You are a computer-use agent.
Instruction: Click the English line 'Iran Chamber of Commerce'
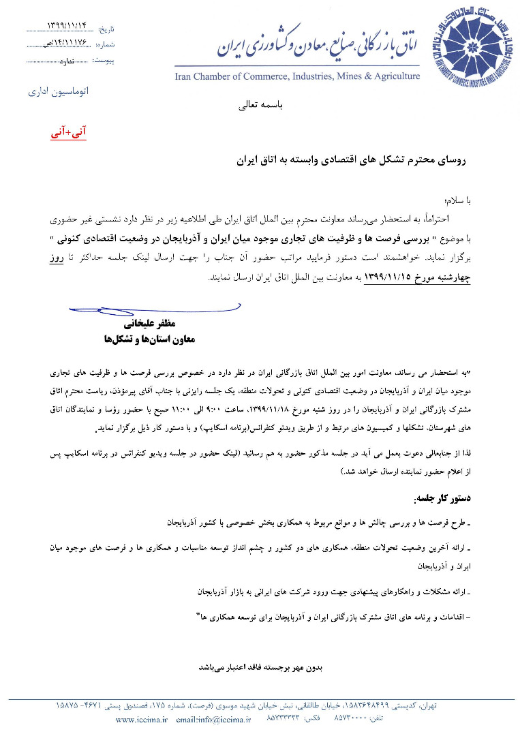(x=297, y=76)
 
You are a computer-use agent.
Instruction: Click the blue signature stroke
(x=129, y=310)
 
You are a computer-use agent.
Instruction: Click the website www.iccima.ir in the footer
(x=141, y=719)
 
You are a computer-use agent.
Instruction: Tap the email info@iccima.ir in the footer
(x=213, y=719)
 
